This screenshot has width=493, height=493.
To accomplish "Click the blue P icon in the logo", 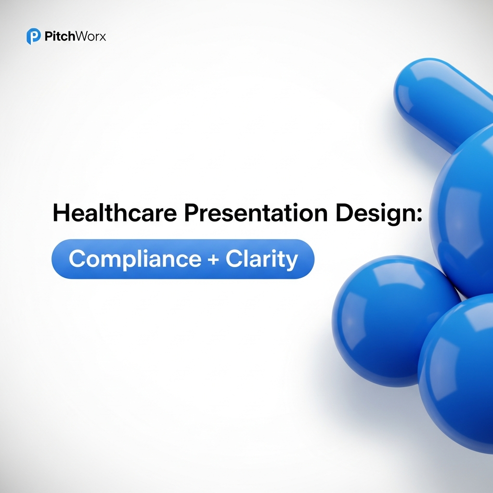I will pyautogui.click(x=33, y=37).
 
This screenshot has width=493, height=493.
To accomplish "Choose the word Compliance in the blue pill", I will pyautogui.click(x=134, y=260).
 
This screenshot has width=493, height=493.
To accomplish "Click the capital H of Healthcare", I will pyautogui.click(x=61, y=213).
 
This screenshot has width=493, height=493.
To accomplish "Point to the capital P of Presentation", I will pyautogui.click(x=190, y=213).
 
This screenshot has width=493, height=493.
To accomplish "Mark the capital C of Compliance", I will pyautogui.click(x=78, y=259).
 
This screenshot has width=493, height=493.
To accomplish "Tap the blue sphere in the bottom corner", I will pyautogui.click(x=460, y=376).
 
